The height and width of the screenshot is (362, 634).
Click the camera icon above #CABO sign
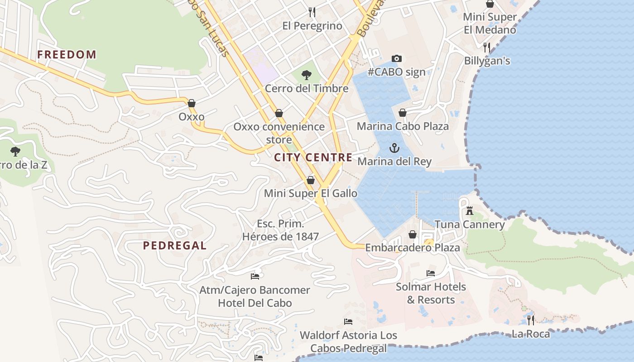[x=397, y=58]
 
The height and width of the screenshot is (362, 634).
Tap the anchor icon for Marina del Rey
[x=394, y=148]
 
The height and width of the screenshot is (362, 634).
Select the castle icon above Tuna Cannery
[x=470, y=211]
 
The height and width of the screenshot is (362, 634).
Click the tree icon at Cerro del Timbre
[x=307, y=75]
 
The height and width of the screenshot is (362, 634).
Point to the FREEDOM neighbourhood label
[x=67, y=55]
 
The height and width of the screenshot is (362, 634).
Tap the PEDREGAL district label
[x=175, y=246]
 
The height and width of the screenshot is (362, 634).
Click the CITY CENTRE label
[x=313, y=157]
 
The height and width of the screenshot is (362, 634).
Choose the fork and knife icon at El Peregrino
[x=312, y=12]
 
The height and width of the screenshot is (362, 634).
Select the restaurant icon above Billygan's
[x=487, y=47]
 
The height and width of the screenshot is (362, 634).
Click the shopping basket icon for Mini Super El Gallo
[x=311, y=180]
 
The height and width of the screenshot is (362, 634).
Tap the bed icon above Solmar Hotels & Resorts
[x=431, y=273]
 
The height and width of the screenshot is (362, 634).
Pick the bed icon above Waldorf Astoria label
[x=348, y=322]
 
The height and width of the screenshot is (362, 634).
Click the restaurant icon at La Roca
[x=531, y=320]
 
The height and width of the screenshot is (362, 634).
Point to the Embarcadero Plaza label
[x=413, y=248]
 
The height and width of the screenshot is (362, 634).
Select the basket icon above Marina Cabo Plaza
[x=403, y=113]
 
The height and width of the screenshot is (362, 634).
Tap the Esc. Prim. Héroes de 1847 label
[x=281, y=230]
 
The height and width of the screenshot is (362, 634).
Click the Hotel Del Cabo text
[x=255, y=303]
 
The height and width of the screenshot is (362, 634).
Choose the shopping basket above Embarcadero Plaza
[x=413, y=234]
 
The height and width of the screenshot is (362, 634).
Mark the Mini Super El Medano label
[x=490, y=24]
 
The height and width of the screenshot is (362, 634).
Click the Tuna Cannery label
[x=470, y=224]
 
